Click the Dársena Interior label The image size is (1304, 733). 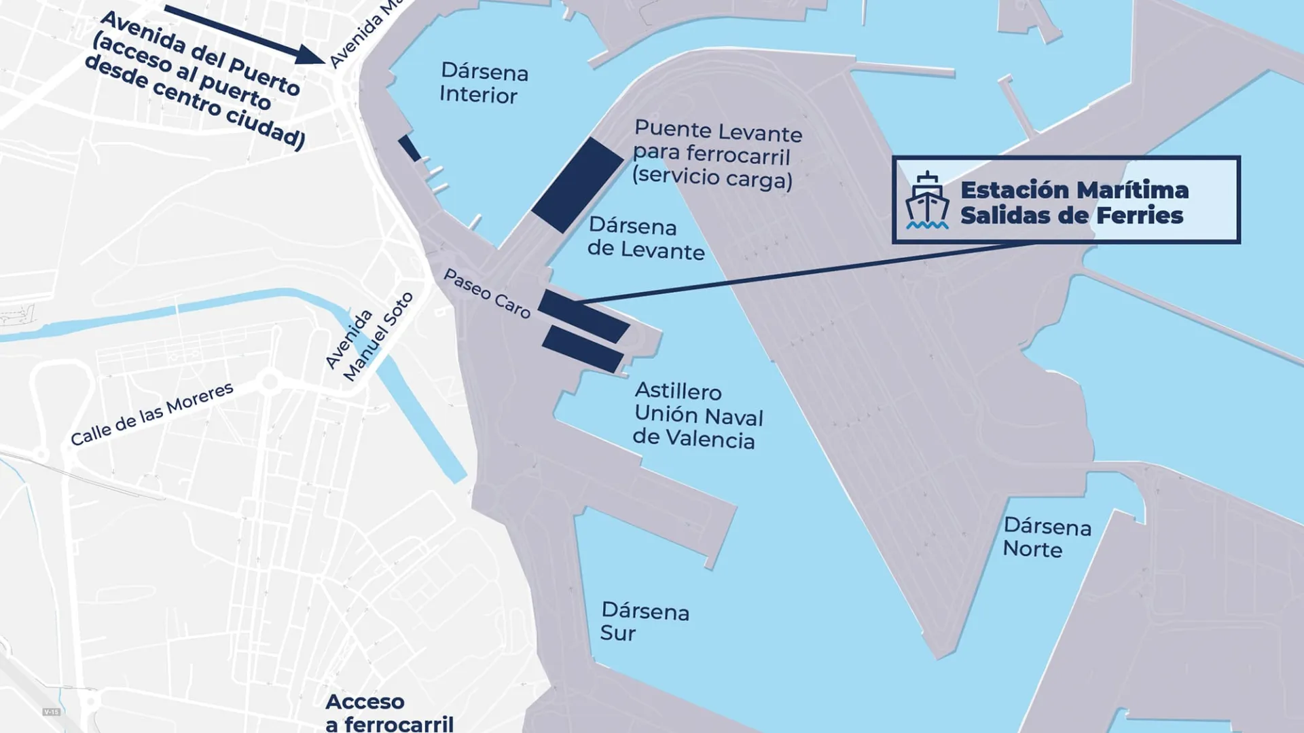tap(484, 83)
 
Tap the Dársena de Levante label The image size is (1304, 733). tap(645, 238)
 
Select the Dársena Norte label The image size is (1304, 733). tap(1047, 538)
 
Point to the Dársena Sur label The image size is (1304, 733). tap(644, 622)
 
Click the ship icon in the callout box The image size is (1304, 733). tap(926, 200)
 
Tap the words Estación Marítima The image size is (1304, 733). tap(1074, 190)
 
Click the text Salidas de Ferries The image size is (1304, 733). tap(1071, 216)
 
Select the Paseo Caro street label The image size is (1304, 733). tap(486, 293)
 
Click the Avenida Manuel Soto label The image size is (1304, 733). tap(369, 337)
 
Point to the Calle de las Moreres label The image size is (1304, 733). tap(152, 414)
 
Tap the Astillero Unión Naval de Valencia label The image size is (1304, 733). tap(698, 415)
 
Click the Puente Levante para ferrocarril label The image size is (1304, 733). tap(717, 143)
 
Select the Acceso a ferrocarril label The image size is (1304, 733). tap(388, 713)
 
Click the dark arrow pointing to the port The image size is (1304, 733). tap(244, 35)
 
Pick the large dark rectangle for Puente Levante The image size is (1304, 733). tap(577, 185)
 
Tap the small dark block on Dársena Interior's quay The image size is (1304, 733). tap(410, 148)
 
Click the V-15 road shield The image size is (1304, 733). tap(52, 712)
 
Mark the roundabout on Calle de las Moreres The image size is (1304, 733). tap(270, 381)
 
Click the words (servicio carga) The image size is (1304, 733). tap(712, 177)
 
